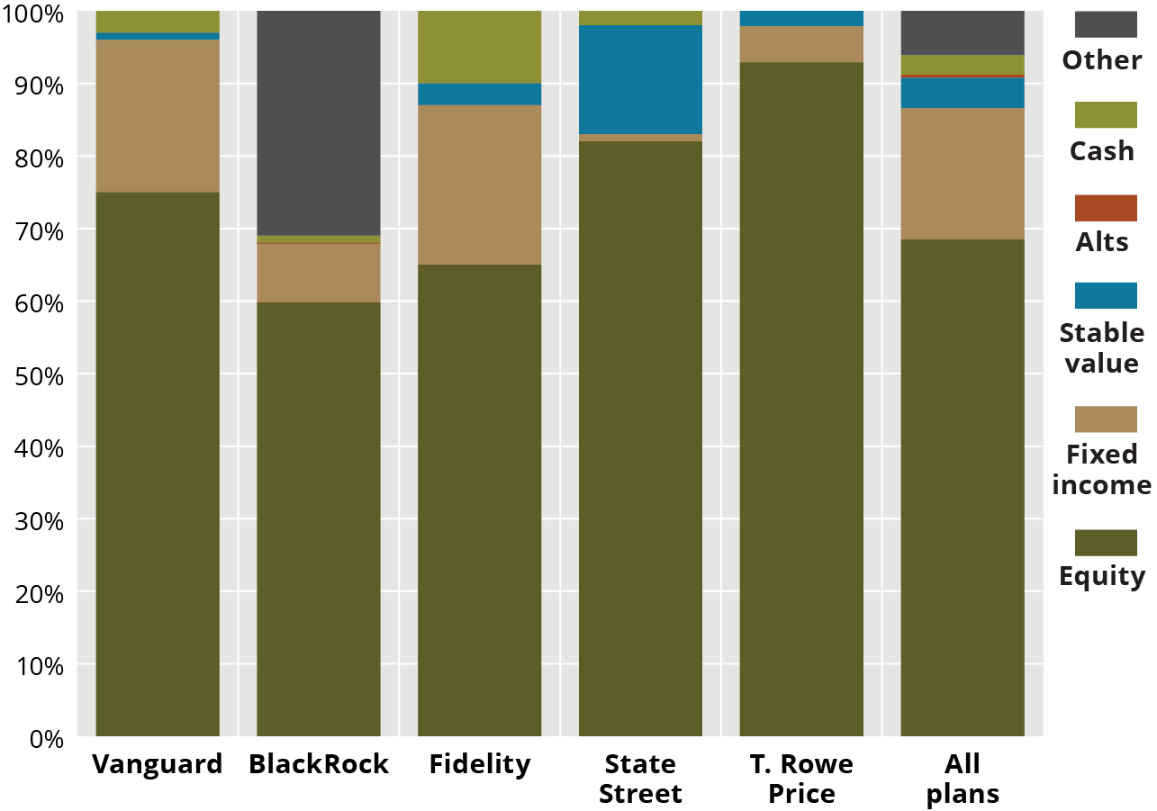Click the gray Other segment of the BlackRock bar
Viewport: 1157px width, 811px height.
(x=319, y=122)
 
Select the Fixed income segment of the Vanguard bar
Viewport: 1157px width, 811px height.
(x=158, y=116)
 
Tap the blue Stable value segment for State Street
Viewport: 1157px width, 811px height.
(x=640, y=79)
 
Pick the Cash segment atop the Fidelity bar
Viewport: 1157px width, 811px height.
(x=479, y=47)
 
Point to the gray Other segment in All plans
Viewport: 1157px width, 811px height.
(x=963, y=32)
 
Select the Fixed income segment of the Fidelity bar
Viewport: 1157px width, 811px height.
(x=479, y=185)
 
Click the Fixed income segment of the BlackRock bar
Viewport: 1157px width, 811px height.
(x=319, y=272)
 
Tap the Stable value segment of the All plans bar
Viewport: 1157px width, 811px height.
(x=963, y=93)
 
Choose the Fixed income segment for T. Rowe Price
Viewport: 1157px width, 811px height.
(x=801, y=44)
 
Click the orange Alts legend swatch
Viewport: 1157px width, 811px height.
(x=1106, y=208)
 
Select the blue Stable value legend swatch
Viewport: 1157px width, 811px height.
(x=1106, y=295)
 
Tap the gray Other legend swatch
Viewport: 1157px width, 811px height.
(x=1106, y=24)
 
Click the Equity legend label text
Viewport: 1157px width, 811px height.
(x=1102, y=576)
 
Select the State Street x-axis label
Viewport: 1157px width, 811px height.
(x=640, y=779)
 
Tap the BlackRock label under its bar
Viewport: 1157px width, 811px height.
(x=319, y=764)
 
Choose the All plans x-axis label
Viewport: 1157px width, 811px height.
(x=963, y=779)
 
